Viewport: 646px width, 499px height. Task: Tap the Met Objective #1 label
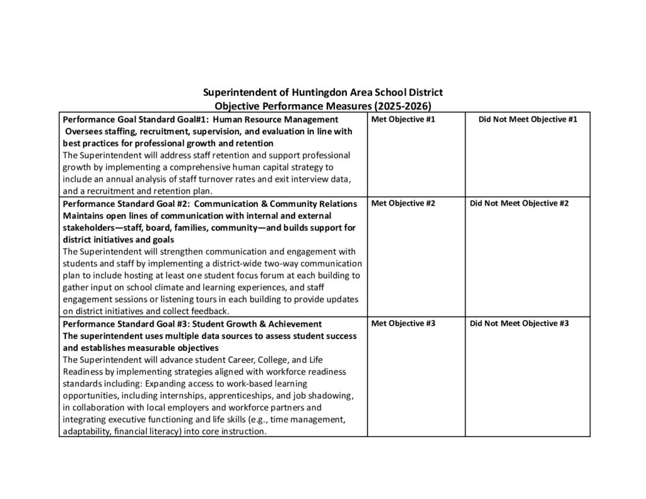coord(403,119)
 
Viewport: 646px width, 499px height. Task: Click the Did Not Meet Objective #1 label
coord(528,119)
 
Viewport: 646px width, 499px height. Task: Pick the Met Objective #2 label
coord(403,203)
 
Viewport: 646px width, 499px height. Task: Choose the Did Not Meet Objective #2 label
coord(519,203)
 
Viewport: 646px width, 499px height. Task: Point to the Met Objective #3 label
coord(403,323)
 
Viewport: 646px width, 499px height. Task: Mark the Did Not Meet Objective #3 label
coord(519,323)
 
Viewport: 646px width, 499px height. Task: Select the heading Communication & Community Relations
coord(276,203)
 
